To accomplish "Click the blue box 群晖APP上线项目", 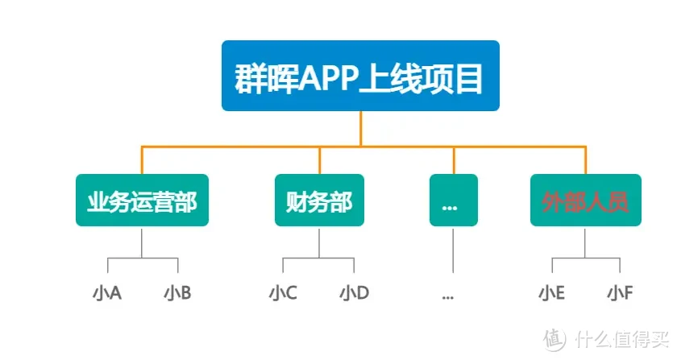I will point(360,76).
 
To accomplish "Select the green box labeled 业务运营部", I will point(142,201).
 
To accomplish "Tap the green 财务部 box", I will point(319,201).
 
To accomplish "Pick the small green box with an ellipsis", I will point(453,201).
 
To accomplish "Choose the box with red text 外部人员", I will point(585,201).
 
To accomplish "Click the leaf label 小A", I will point(107,293).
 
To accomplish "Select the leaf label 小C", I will point(283,293).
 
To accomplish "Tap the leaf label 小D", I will point(354,293).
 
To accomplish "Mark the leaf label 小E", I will point(552,293).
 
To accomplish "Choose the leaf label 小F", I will point(620,293).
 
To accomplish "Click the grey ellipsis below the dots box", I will point(449,295).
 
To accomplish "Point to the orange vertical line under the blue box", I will point(360,129).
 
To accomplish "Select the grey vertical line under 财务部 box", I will point(319,242).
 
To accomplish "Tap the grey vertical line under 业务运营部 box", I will point(142,242).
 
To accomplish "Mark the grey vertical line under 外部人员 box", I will point(585,242).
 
